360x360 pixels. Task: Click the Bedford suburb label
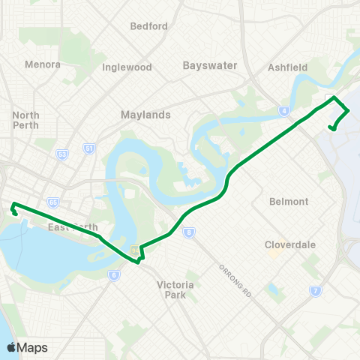(x=148, y=26)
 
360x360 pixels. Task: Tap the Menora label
(x=42, y=64)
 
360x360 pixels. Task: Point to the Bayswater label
(x=210, y=65)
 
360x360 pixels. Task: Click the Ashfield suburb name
(x=287, y=67)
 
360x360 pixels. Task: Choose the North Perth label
(x=25, y=120)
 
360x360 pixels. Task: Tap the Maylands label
(x=145, y=115)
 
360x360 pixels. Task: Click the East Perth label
(x=68, y=227)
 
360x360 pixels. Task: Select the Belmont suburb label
(x=289, y=202)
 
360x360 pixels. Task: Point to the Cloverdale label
(x=290, y=244)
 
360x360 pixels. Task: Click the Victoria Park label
(x=175, y=289)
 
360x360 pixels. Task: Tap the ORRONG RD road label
(x=233, y=281)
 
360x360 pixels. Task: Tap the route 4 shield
(x=283, y=111)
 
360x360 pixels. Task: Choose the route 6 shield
(x=113, y=275)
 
